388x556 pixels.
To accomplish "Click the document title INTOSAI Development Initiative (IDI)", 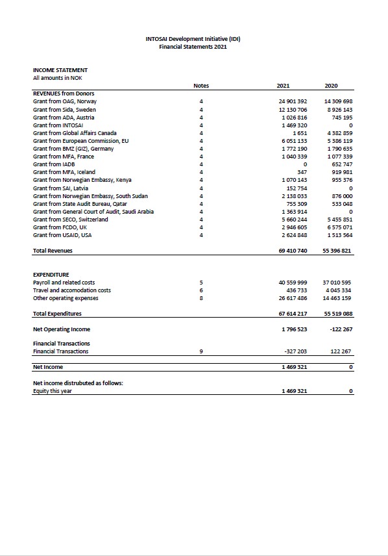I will (193, 39).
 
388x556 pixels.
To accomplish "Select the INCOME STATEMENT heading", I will (60, 70).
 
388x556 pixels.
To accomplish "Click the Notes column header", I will (201, 86).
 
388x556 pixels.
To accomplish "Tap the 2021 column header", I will (283, 86).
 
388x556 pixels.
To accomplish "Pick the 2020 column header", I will (331, 86).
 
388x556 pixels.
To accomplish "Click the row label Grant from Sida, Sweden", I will (64, 110).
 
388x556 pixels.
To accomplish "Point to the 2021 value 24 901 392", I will (293, 102).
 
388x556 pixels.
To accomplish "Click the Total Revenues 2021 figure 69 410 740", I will (293, 250).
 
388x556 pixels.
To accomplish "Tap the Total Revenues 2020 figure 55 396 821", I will (337, 250).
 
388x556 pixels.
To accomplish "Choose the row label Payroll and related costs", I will (64, 283).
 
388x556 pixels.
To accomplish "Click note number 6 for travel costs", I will (201, 290).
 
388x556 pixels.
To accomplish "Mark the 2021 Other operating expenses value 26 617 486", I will (293, 298).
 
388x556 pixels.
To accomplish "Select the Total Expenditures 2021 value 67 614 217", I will (293, 314).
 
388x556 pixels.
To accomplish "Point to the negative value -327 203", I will (296, 351).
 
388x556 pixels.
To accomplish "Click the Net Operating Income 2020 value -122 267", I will (341, 329).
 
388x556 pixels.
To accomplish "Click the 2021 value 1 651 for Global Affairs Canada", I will (300, 133).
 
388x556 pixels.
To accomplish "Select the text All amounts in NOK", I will (57, 78).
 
